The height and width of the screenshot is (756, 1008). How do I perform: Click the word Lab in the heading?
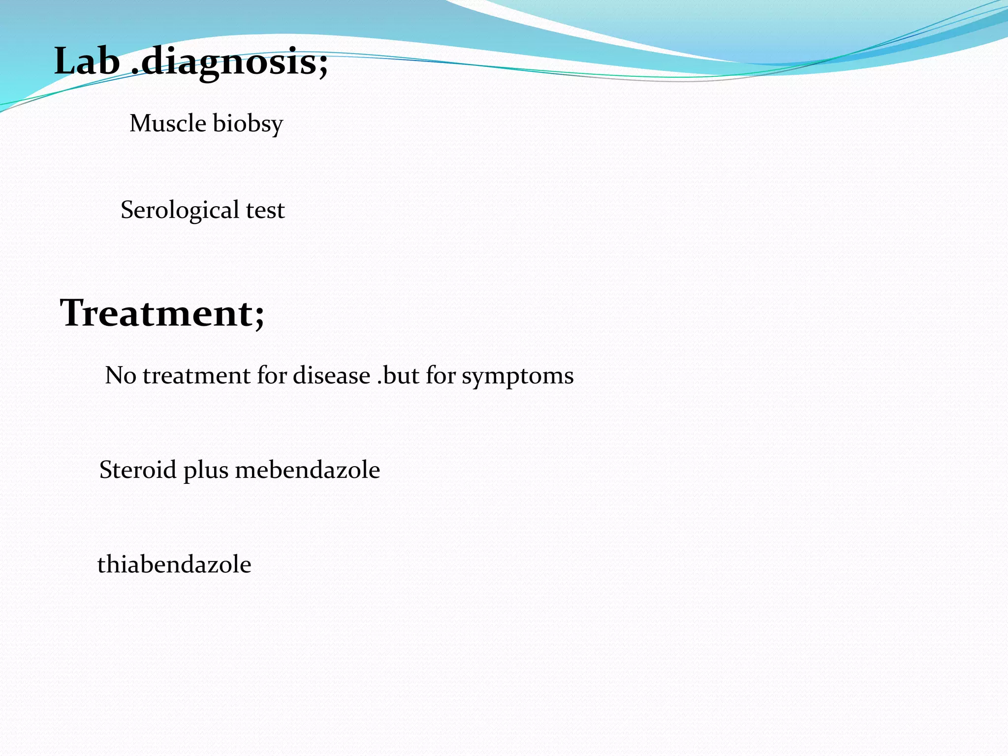point(87,62)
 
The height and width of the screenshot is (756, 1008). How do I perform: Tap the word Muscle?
point(168,123)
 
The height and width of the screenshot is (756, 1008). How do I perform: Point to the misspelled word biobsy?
point(248,124)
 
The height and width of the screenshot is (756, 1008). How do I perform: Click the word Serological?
point(180,210)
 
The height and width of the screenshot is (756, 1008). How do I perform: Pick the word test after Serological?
point(265,210)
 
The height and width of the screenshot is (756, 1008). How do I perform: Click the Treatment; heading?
point(162,313)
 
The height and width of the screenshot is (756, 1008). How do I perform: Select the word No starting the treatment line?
point(121,376)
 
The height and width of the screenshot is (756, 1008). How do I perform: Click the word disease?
point(332,376)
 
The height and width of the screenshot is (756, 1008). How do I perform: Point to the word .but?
point(398,376)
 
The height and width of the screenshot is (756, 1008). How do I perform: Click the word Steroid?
point(138,470)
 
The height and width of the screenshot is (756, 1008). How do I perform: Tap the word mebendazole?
point(308,470)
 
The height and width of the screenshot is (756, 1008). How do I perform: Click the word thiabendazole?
point(174,564)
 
